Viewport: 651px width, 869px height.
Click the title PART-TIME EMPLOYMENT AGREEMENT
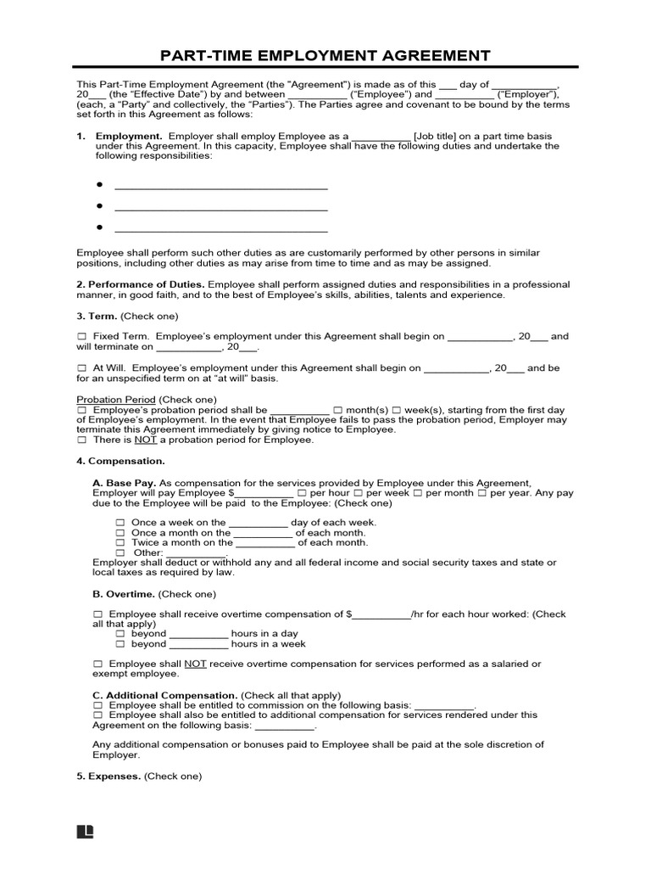click(x=325, y=56)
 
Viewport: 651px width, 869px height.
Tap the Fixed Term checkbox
click(x=81, y=337)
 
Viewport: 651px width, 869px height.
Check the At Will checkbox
click(x=81, y=368)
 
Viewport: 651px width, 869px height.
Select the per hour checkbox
click(x=301, y=492)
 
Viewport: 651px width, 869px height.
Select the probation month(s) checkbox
click(x=338, y=409)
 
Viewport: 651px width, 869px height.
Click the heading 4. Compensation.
click(x=120, y=461)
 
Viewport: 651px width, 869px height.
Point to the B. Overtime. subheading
click(x=124, y=594)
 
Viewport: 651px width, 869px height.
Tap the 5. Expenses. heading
click(x=108, y=776)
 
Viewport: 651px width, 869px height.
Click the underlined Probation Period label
click(x=116, y=399)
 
